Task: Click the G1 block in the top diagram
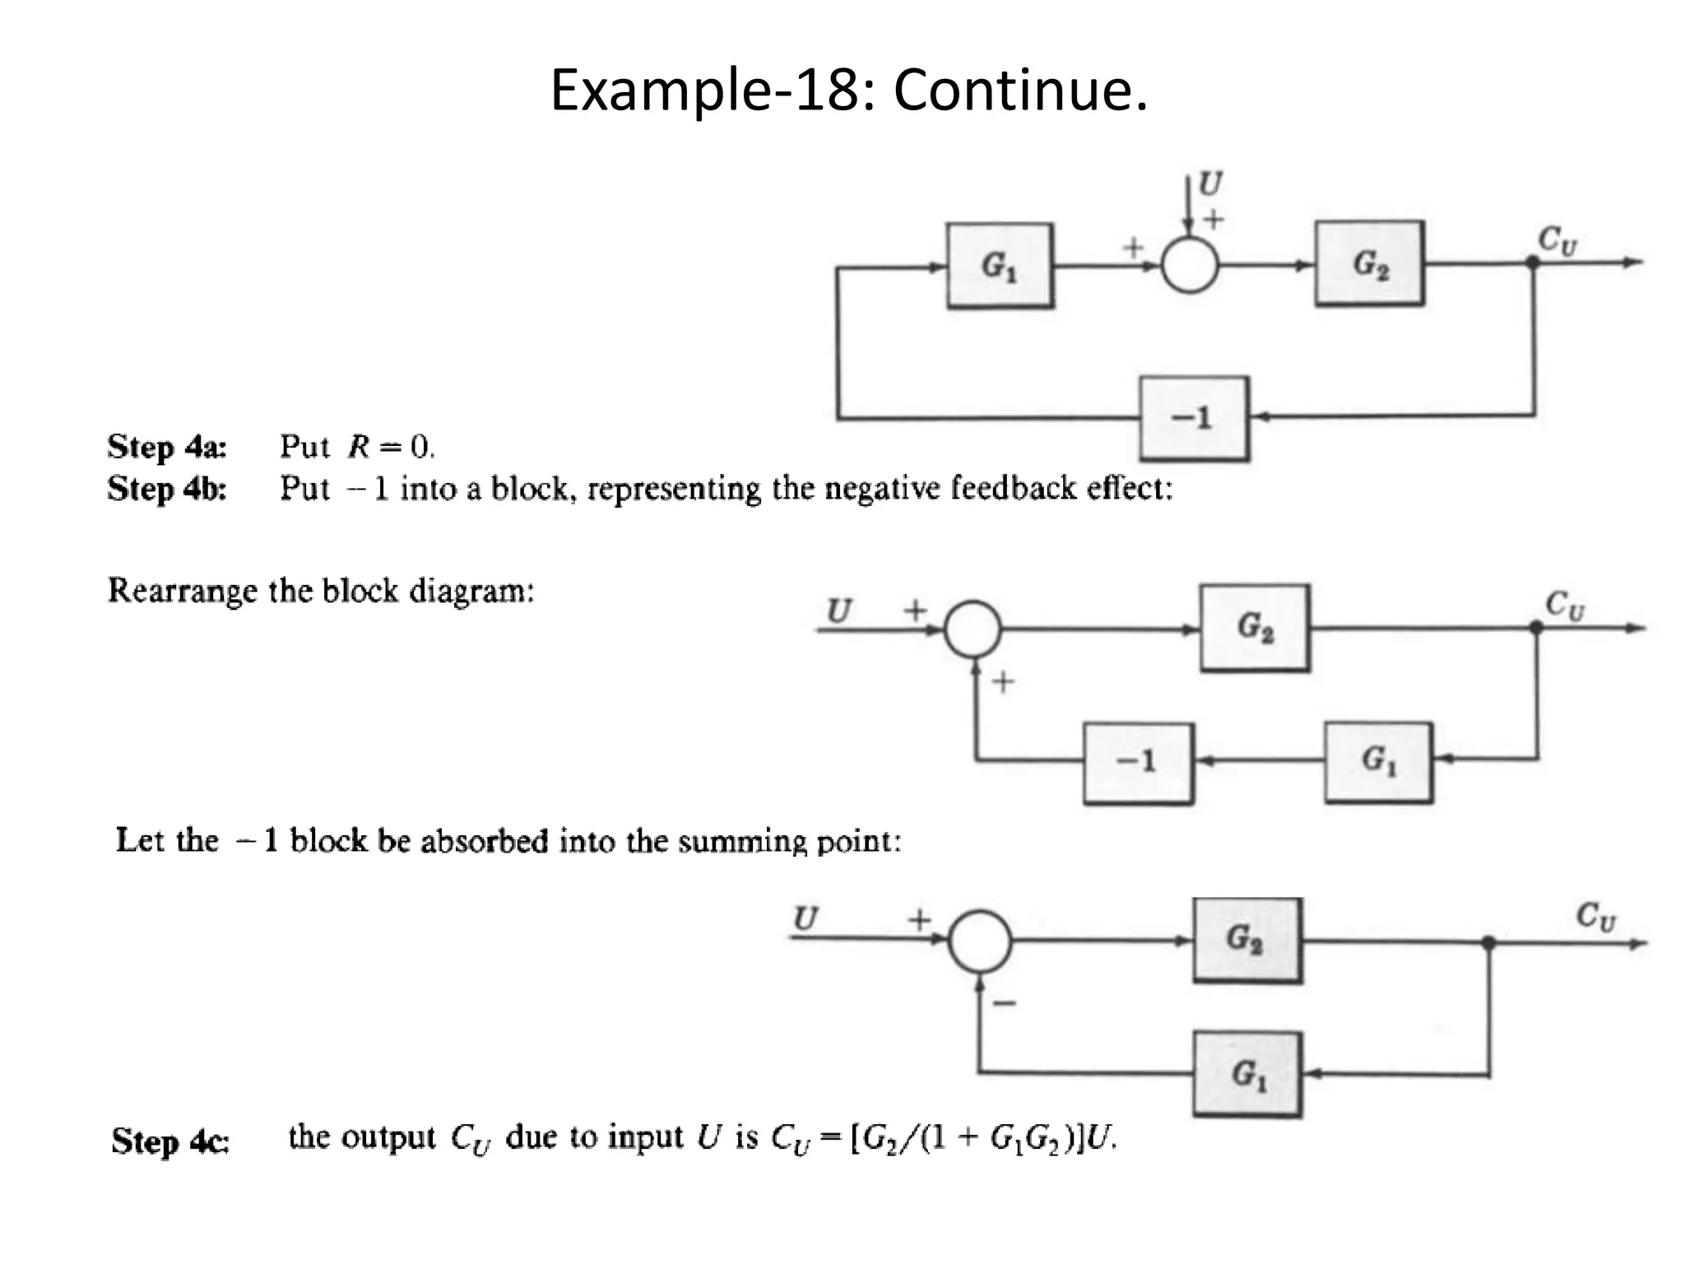point(1000,265)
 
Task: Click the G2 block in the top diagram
point(1369,263)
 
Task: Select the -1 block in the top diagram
point(1194,418)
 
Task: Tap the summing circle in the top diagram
point(1189,265)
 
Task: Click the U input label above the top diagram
point(1209,183)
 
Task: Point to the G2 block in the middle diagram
point(1254,628)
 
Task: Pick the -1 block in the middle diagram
point(1138,762)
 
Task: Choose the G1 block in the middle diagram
point(1378,762)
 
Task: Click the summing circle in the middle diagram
point(972,629)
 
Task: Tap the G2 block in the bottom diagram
point(1246,941)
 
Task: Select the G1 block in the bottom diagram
point(1247,1074)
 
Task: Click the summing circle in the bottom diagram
point(979,941)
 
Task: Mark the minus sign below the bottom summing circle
point(1005,1002)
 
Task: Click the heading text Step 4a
point(167,447)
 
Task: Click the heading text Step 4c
point(170,1141)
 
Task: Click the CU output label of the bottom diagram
point(1595,916)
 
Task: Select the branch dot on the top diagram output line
point(1533,263)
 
